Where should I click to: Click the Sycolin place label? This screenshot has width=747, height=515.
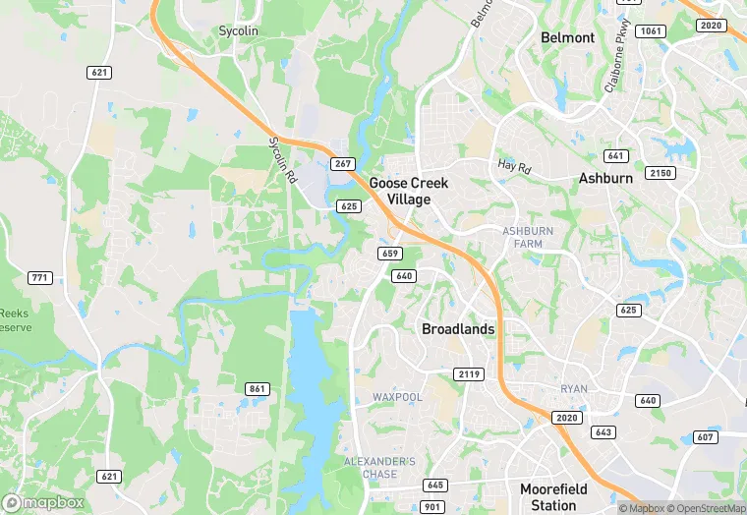(238, 31)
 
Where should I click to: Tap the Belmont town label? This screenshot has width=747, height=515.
(567, 37)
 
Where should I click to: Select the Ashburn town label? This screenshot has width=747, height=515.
(605, 179)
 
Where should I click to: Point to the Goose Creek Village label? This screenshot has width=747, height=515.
(408, 191)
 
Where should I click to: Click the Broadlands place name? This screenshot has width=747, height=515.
(457, 329)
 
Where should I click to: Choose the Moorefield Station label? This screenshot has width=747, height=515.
(553, 496)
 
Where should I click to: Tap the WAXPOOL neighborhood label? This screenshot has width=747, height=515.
(397, 397)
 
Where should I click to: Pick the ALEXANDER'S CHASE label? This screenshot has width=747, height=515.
(378, 467)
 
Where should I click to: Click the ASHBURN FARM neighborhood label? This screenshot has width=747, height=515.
(528, 237)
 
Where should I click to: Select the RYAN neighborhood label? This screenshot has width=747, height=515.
(574, 389)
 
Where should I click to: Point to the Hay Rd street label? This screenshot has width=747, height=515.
(514, 166)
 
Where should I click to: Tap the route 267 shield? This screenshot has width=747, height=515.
(341, 163)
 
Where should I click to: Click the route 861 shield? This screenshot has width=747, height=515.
(257, 389)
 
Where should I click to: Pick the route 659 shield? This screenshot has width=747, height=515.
(389, 254)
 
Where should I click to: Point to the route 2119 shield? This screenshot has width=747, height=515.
(468, 374)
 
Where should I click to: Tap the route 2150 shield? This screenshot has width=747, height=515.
(661, 173)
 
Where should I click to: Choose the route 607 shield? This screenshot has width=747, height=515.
(705, 436)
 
